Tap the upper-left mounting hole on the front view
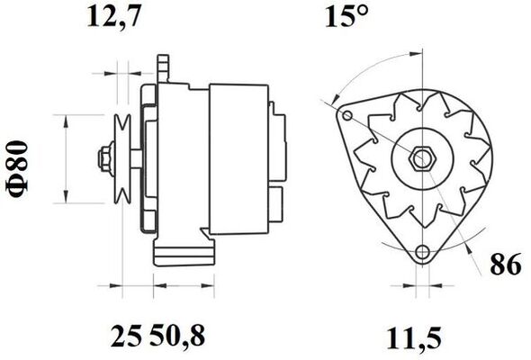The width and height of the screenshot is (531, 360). pyautogui.click(x=347, y=115)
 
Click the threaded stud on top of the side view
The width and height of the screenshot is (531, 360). pyautogui.click(x=163, y=65)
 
